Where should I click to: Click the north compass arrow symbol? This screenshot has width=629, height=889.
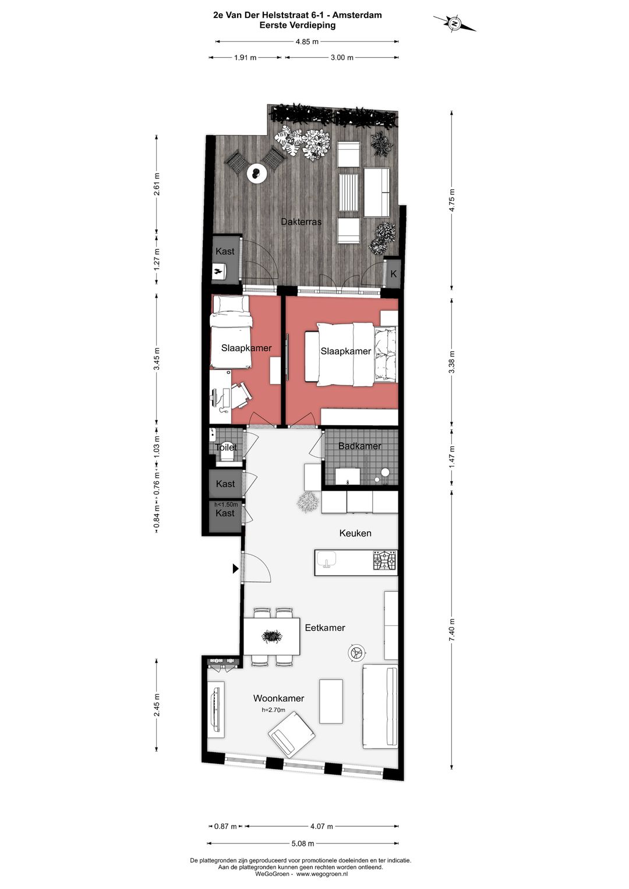coord(454,23)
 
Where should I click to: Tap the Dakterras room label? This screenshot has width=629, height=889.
coord(301,222)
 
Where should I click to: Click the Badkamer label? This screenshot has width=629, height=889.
coord(360,446)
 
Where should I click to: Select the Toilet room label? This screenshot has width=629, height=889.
coord(226,447)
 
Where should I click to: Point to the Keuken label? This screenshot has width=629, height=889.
coord(355,533)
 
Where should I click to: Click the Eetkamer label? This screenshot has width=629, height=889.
coord(325,627)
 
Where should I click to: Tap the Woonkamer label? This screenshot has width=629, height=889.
coord(278,698)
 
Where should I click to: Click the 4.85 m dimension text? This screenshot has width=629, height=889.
coord(307,41)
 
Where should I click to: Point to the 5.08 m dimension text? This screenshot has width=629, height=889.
coord(303,843)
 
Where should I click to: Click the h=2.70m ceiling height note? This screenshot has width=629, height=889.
coord(274,710)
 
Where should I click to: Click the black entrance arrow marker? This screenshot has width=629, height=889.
coord(235,568)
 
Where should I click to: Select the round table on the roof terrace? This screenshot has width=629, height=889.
coord(256,172)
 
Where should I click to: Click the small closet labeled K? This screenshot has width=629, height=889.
coord(394,273)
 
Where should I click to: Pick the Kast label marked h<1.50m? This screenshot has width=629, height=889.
coord(225,513)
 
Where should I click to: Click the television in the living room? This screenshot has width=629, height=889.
coord(217,707)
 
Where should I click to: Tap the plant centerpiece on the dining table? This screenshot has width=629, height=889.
coord(272,636)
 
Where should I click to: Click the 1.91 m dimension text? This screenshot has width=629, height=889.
coord(245,58)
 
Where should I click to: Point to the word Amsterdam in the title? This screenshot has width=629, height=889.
coord(359,15)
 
